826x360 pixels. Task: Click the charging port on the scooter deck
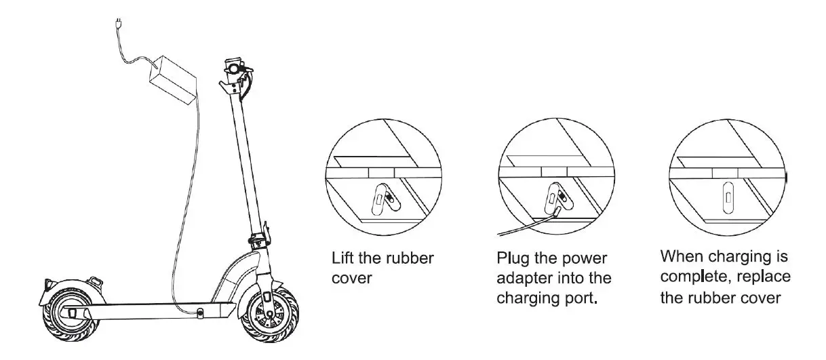[x=201, y=312]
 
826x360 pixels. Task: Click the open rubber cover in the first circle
[x=384, y=199]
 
